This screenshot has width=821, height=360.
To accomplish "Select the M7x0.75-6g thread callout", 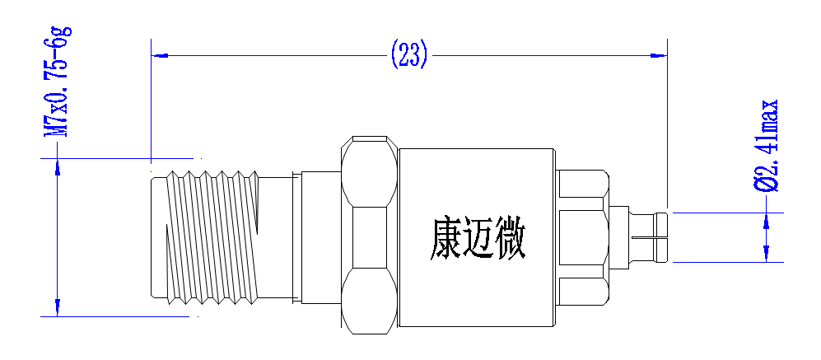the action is [x=58, y=82].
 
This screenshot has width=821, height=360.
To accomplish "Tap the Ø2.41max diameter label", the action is [x=767, y=146].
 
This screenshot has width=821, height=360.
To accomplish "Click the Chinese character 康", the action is [x=445, y=239].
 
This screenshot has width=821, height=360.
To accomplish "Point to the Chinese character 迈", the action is [x=478, y=239].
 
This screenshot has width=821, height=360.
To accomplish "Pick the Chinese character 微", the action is [x=510, y=239].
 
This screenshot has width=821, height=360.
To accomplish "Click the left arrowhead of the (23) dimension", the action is [x=159, y=55].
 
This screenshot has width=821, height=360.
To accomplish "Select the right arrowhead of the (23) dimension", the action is [x=659, y=55].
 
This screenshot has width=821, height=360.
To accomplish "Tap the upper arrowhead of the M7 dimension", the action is [x=58, y=166].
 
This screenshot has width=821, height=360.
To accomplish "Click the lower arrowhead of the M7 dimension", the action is [x=58, y=307].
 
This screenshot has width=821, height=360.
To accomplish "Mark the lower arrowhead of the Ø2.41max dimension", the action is [x=767, y=254].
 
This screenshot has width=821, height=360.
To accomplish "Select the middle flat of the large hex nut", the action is [x=369, y=237].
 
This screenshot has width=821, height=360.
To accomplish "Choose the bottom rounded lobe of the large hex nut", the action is [x=369, y=302].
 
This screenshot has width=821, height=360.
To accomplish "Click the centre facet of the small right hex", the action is [x=581, y=237].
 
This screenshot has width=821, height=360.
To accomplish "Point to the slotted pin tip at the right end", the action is [x=649, y=237].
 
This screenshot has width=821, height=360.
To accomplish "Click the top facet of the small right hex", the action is [x=583, y=184].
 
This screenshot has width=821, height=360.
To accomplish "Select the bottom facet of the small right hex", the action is [x=583, y=292].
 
